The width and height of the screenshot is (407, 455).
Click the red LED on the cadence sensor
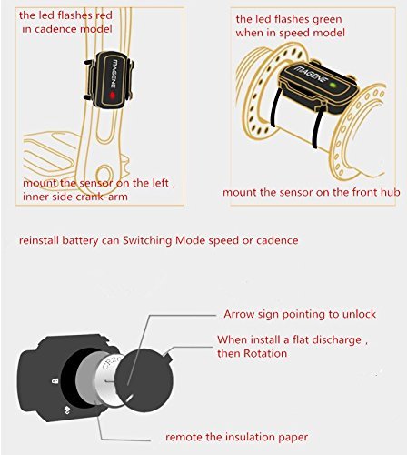112,96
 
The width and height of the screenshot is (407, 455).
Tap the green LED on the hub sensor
333,86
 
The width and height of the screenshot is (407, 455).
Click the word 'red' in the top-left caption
104,15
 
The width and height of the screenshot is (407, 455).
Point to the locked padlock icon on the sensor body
55,381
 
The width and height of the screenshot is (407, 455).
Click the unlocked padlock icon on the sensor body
67,410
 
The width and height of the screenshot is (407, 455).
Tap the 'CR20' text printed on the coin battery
111,363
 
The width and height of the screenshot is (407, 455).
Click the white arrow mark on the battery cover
129,398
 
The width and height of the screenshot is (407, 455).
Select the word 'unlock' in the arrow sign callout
359,314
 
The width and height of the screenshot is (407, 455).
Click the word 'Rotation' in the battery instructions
265,353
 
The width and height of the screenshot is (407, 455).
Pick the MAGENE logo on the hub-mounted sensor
311,74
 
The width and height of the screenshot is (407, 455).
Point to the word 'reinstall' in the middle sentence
39,240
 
